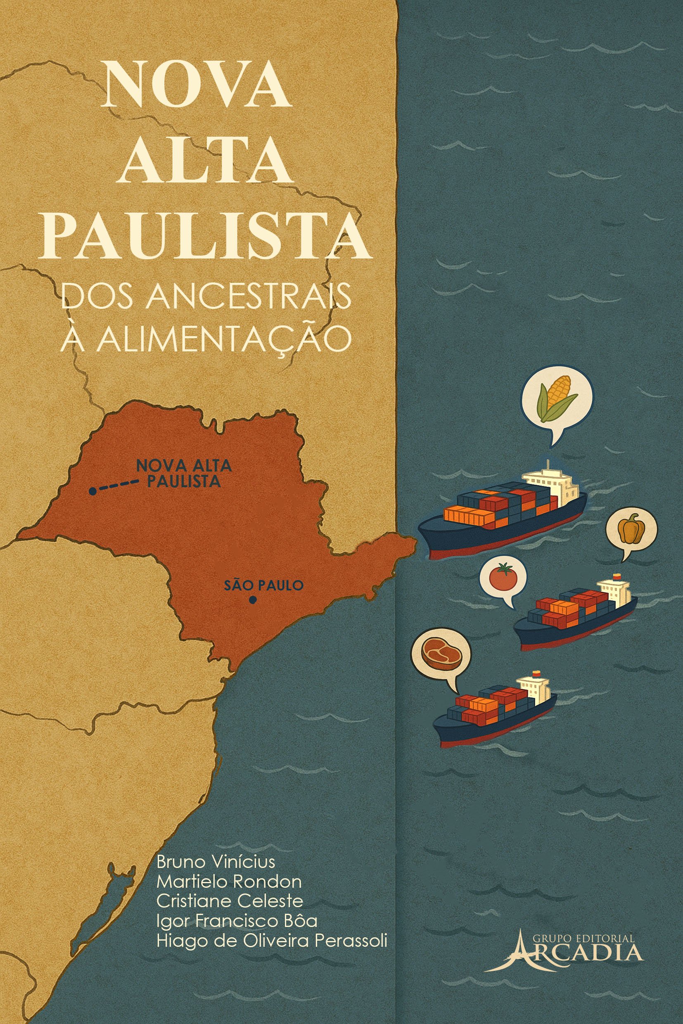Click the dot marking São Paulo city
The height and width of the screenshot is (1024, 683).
pos(252,600)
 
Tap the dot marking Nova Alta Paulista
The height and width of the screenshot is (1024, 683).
pos(92,491)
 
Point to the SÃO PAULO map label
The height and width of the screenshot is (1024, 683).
pos(263,585)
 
